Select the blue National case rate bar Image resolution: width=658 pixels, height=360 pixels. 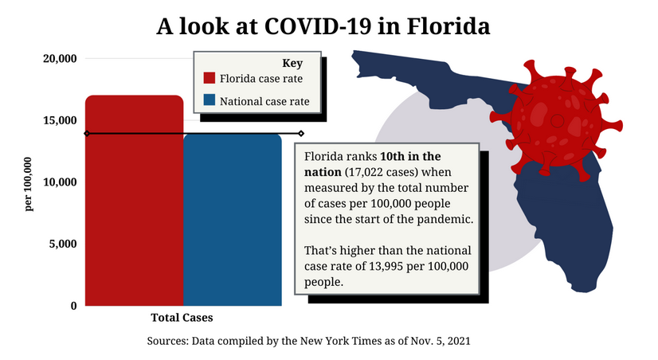(233, 223)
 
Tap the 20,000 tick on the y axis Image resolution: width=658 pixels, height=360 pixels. (61, 59)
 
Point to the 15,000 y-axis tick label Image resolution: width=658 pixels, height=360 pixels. (61, 120)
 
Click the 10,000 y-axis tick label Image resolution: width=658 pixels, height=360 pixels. (61, 182)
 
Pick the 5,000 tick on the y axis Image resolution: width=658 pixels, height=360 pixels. (64, 244)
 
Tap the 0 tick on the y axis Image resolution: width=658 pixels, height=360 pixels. (72, 305)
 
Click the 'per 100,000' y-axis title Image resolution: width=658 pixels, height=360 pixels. (29, 183)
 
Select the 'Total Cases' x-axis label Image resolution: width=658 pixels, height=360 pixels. (182, 318)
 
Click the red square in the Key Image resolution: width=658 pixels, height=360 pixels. (210, 79)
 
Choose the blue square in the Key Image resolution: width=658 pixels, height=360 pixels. (210, 101)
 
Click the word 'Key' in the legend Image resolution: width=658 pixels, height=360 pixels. (293, 62)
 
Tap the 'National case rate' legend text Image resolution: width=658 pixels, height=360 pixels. (264, 101)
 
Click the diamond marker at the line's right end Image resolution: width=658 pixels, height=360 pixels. (300, 133)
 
